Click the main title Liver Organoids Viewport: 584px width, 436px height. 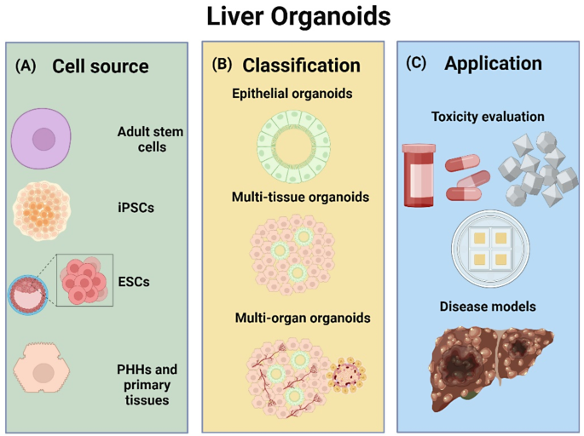pyautogui.click(x=292, y=17)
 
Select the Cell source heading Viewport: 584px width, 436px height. pyautogui.click(x=101, y=66)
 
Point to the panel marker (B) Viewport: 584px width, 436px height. pyautogui.click(x=223, y=66)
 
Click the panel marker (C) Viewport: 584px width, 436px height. pyautogui.click(x=419, y=64)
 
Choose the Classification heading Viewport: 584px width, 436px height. pyautogui.click(x=301, y=66)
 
